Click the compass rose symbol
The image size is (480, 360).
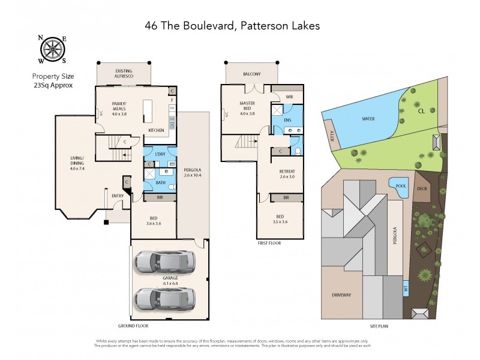click(52, 49)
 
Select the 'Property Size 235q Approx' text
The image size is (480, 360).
click(52, 81)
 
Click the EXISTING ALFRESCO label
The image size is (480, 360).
click(124, 74)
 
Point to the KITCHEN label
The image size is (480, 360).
click(157, 130)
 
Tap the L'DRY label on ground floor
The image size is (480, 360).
click(160, 155)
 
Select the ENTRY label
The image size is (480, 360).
click(118, 196)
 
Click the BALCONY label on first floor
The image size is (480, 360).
click(252, 74)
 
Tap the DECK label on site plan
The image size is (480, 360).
click(422, 188)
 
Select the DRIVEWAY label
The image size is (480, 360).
click(341, 295)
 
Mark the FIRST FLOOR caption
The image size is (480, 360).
click(269, 243)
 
